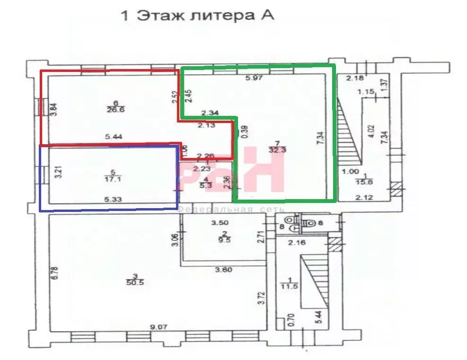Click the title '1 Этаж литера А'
pos(198,16)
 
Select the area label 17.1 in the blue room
pos(112,179)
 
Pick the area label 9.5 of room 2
pos(225,239)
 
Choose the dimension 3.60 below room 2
pos(224,270)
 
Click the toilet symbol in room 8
pos(310,222)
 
